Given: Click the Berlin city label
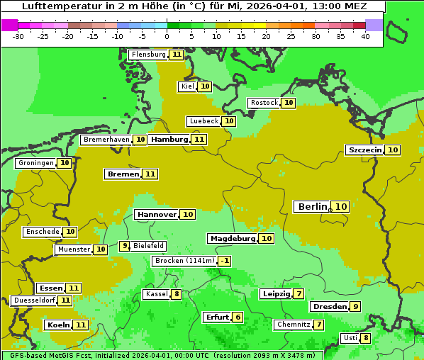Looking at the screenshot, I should tap(312, 207).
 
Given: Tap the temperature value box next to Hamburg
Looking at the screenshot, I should tap(199, 140).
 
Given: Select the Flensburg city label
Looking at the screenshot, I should tap(148, 55).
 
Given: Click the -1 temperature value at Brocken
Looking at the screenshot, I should tap(225, 261).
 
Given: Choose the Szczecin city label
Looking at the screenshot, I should tap(364, 150).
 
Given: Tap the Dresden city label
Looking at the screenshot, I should tap(329, 307).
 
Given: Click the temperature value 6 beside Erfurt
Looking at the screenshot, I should tap(238, 317).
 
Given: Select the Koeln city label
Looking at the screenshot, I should tap(57, 325).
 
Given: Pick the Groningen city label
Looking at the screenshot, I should tap(35, 163).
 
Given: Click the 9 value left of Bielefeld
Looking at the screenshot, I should tap(125, 246).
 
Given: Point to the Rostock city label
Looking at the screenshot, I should tap(264, 103).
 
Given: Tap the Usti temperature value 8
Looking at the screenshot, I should tap(366, 338).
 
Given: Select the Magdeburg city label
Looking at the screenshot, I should tap(232, 239).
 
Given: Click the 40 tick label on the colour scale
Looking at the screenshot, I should tap(365, 35).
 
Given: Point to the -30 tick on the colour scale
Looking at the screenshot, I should tap(18, 35).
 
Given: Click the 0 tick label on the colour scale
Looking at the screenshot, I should tap(167, 35).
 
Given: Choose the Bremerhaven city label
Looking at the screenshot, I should tap(106, 140).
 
